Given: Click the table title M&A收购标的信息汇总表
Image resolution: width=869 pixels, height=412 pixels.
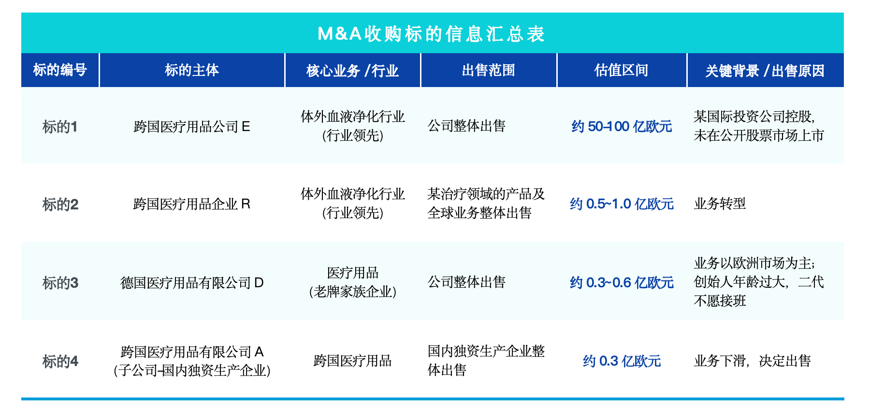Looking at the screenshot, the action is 431,34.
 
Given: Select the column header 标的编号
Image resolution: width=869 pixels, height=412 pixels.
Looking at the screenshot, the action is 60,71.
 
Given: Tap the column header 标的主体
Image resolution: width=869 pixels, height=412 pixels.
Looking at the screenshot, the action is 192,71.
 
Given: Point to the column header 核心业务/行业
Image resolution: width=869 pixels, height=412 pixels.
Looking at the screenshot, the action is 352,71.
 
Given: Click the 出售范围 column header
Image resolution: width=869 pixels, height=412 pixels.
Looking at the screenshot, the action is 489,71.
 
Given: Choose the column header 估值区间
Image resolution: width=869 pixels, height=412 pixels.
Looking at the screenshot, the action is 622,71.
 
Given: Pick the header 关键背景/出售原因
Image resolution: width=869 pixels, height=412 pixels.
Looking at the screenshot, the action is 765,71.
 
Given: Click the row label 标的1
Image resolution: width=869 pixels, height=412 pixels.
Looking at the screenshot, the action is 60,127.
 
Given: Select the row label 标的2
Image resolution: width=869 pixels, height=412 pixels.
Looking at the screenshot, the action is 60,205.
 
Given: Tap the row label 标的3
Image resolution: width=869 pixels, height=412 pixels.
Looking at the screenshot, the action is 60,283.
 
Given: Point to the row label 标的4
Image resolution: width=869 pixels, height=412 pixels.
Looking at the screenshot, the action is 60,361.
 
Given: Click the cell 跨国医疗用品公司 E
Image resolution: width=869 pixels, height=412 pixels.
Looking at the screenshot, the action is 192,127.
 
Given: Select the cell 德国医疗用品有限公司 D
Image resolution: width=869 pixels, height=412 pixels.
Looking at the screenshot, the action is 192,282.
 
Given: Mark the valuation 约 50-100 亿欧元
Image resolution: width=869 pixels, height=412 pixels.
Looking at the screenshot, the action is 622,127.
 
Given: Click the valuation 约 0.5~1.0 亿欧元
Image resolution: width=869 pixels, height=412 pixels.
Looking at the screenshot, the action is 622,204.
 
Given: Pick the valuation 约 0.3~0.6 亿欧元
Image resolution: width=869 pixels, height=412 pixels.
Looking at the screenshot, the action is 622,282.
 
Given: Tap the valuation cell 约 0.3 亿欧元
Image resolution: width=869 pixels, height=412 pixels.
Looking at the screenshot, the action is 622,361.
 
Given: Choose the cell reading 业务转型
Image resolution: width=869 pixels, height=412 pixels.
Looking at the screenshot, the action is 720,204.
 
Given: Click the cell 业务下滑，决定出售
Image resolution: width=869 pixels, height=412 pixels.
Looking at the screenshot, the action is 752,361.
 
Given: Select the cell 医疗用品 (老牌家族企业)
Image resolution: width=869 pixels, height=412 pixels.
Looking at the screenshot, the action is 352,282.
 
